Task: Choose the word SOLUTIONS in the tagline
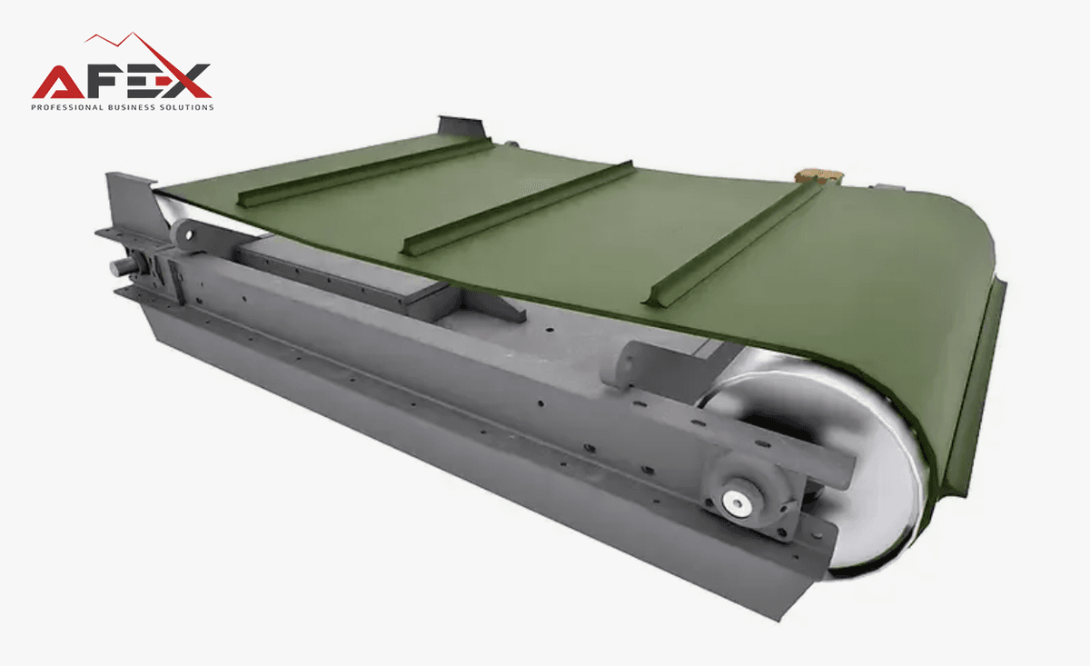(187, 107)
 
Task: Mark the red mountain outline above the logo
(146, 58)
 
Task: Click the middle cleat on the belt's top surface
(517, 209)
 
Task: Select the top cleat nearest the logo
(365, 173)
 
